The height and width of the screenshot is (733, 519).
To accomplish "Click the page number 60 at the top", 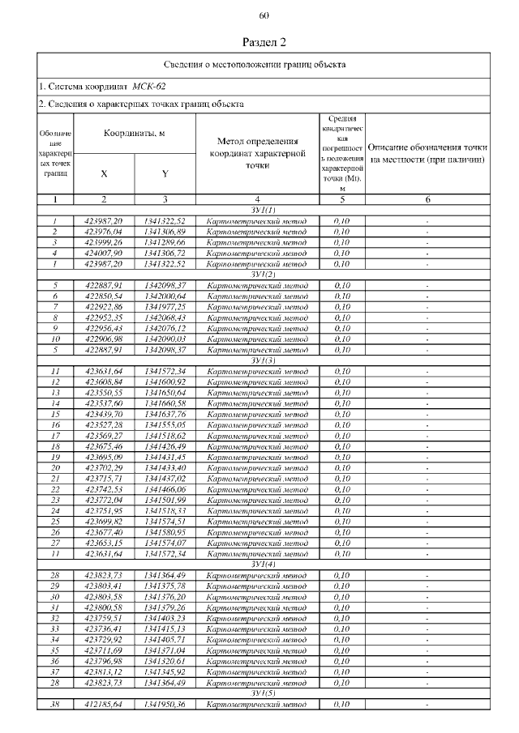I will point(264,16).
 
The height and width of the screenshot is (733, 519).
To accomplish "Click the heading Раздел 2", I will point(264,41).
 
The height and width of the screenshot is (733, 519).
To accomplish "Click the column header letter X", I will point(104,173).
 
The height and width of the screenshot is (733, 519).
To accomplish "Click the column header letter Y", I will point(165,173).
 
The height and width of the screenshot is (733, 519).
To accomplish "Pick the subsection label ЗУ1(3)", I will point(264,360).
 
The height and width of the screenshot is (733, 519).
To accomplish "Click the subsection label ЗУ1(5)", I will point(264,694).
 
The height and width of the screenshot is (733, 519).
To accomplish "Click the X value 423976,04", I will point(104,232).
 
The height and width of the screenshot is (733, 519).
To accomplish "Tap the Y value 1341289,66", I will point(165,242).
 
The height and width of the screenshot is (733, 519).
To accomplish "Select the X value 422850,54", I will point(104,296).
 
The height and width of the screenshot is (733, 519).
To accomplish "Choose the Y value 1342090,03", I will point(165,339).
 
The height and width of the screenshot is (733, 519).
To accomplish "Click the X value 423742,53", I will point(104,489).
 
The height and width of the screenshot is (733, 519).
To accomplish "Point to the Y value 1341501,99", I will point(165,501).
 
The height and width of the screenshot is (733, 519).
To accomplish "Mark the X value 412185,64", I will point(104,705).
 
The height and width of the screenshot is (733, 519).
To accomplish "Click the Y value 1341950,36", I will point(165,705).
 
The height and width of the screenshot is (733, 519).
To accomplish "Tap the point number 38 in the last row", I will point(55,705).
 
